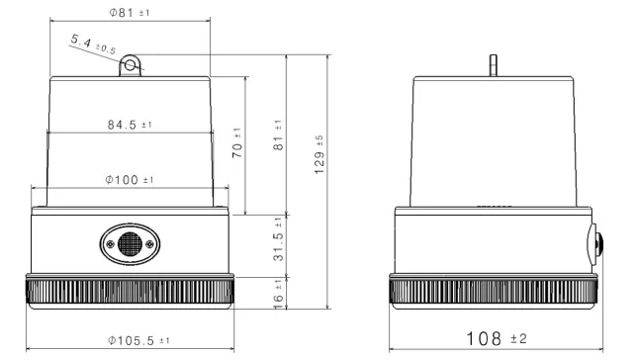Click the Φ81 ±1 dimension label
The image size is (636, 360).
coord(130,12)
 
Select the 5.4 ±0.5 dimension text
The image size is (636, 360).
coord(93,45)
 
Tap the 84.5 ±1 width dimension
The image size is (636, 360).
coord(130,125)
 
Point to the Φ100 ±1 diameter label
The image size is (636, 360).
coord(130,179)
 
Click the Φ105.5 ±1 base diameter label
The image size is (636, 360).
coord(138,340)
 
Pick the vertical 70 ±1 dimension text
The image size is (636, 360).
coord(236,143)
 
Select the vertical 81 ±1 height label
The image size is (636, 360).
coord(278,135)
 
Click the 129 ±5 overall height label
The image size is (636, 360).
coord(319,155)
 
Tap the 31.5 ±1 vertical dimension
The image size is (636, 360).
coord(278,239)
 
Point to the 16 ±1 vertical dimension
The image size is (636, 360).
coord(278,295)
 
